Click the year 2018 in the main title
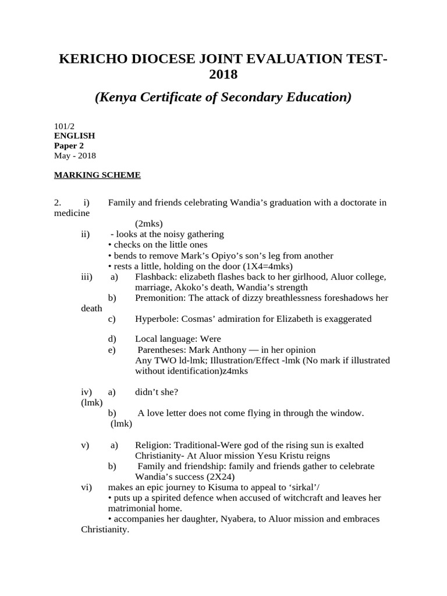point(223,74)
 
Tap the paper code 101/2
point(64,125)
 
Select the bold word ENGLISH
point(74,135)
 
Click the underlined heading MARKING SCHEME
point(97,175)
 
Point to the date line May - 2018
point(75,155)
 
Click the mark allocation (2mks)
point(149,223)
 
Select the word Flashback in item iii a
point(154,277)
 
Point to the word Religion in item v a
point(152,445)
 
